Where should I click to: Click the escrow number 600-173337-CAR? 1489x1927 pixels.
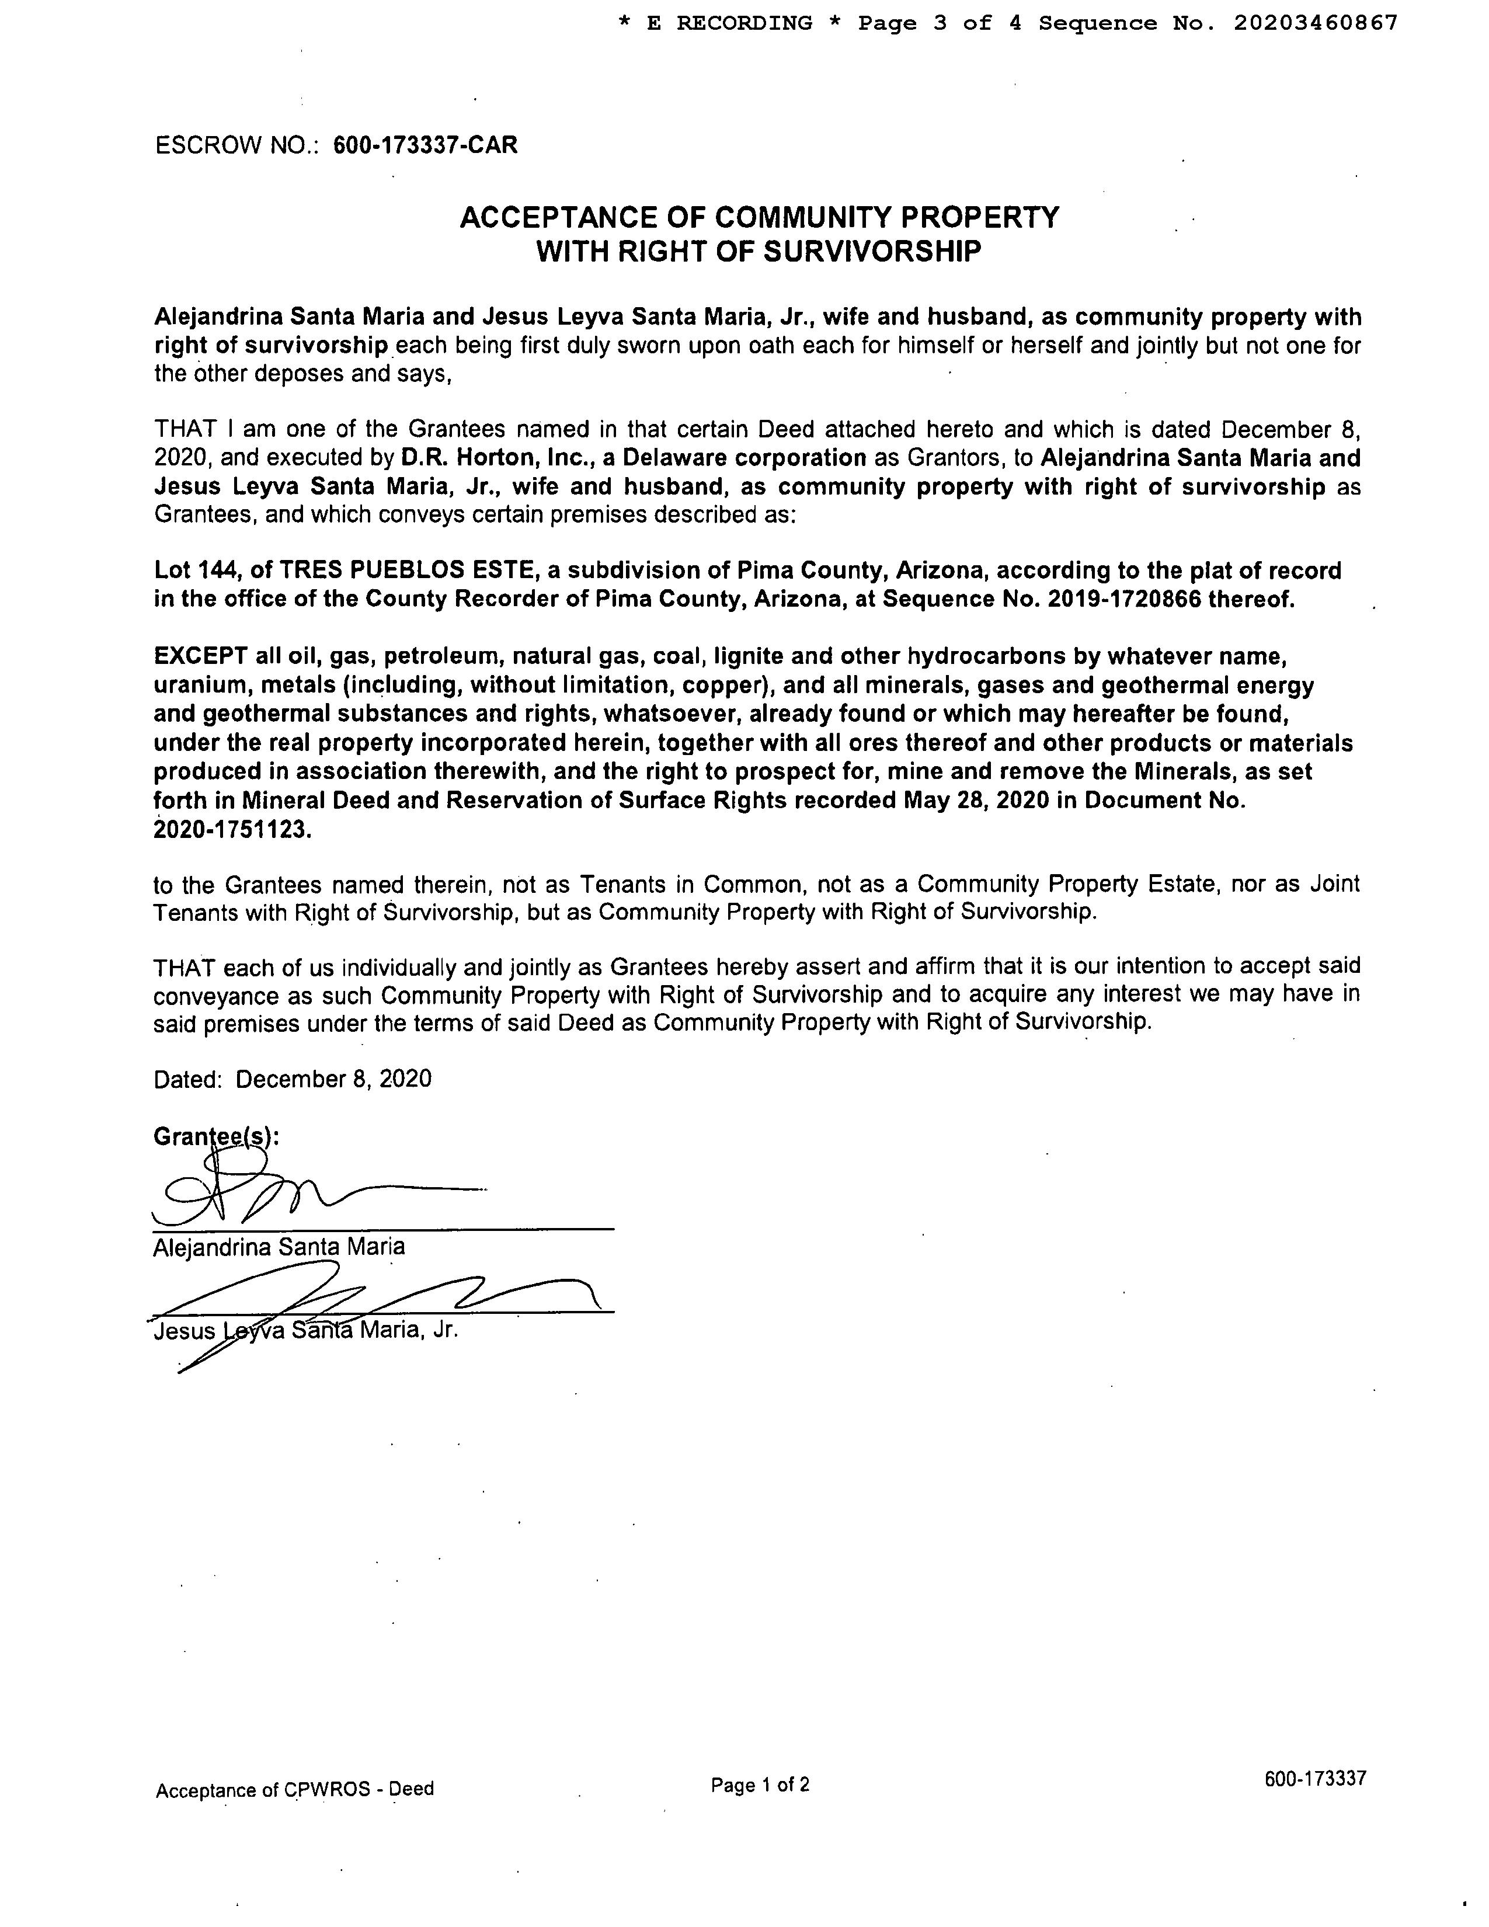click(x=425, y=145)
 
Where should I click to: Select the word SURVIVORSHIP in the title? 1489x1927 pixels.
click(x=872, y=252)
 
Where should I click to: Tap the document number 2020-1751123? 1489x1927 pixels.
click(x=232, y=830)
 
